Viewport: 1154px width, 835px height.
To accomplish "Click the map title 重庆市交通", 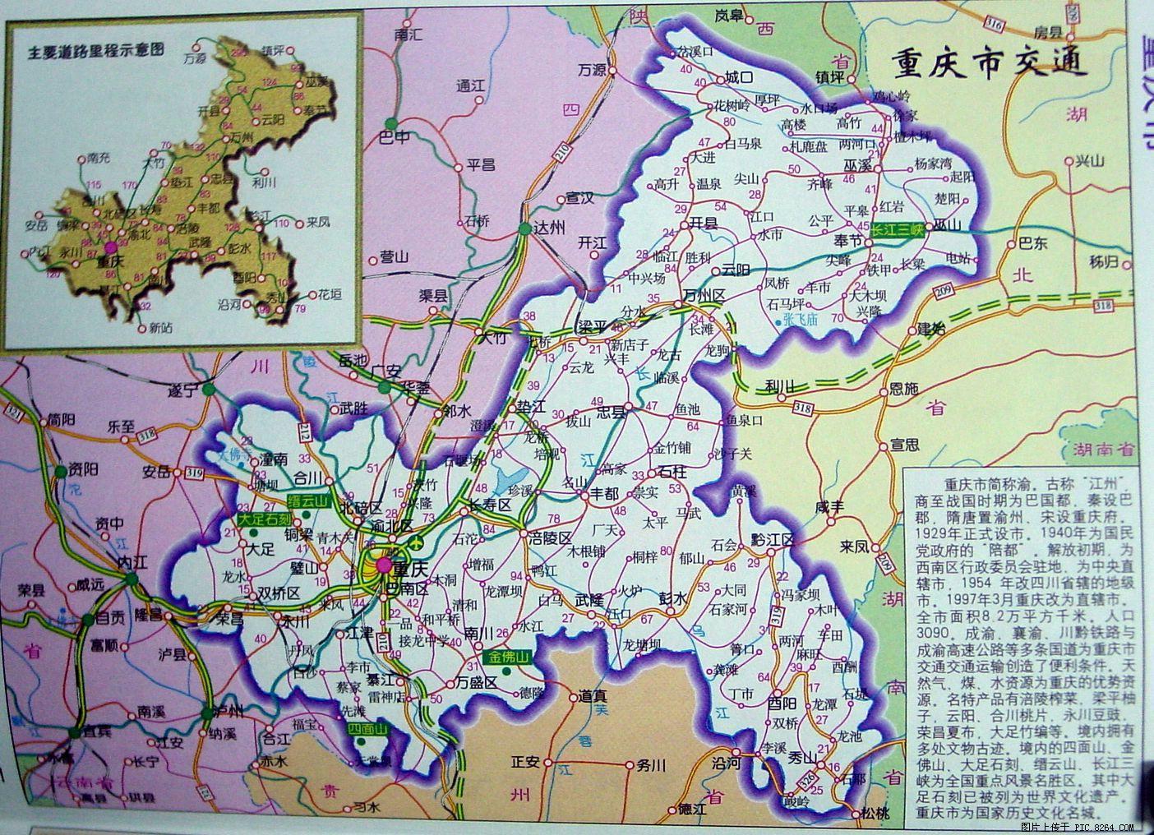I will (990, 62).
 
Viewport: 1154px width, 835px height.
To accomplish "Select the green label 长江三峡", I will (898, 232).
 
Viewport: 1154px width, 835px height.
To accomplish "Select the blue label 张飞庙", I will (800, 319).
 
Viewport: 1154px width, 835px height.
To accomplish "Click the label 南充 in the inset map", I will (97, 156).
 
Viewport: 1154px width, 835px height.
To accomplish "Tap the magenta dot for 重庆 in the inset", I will (109, 247).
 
